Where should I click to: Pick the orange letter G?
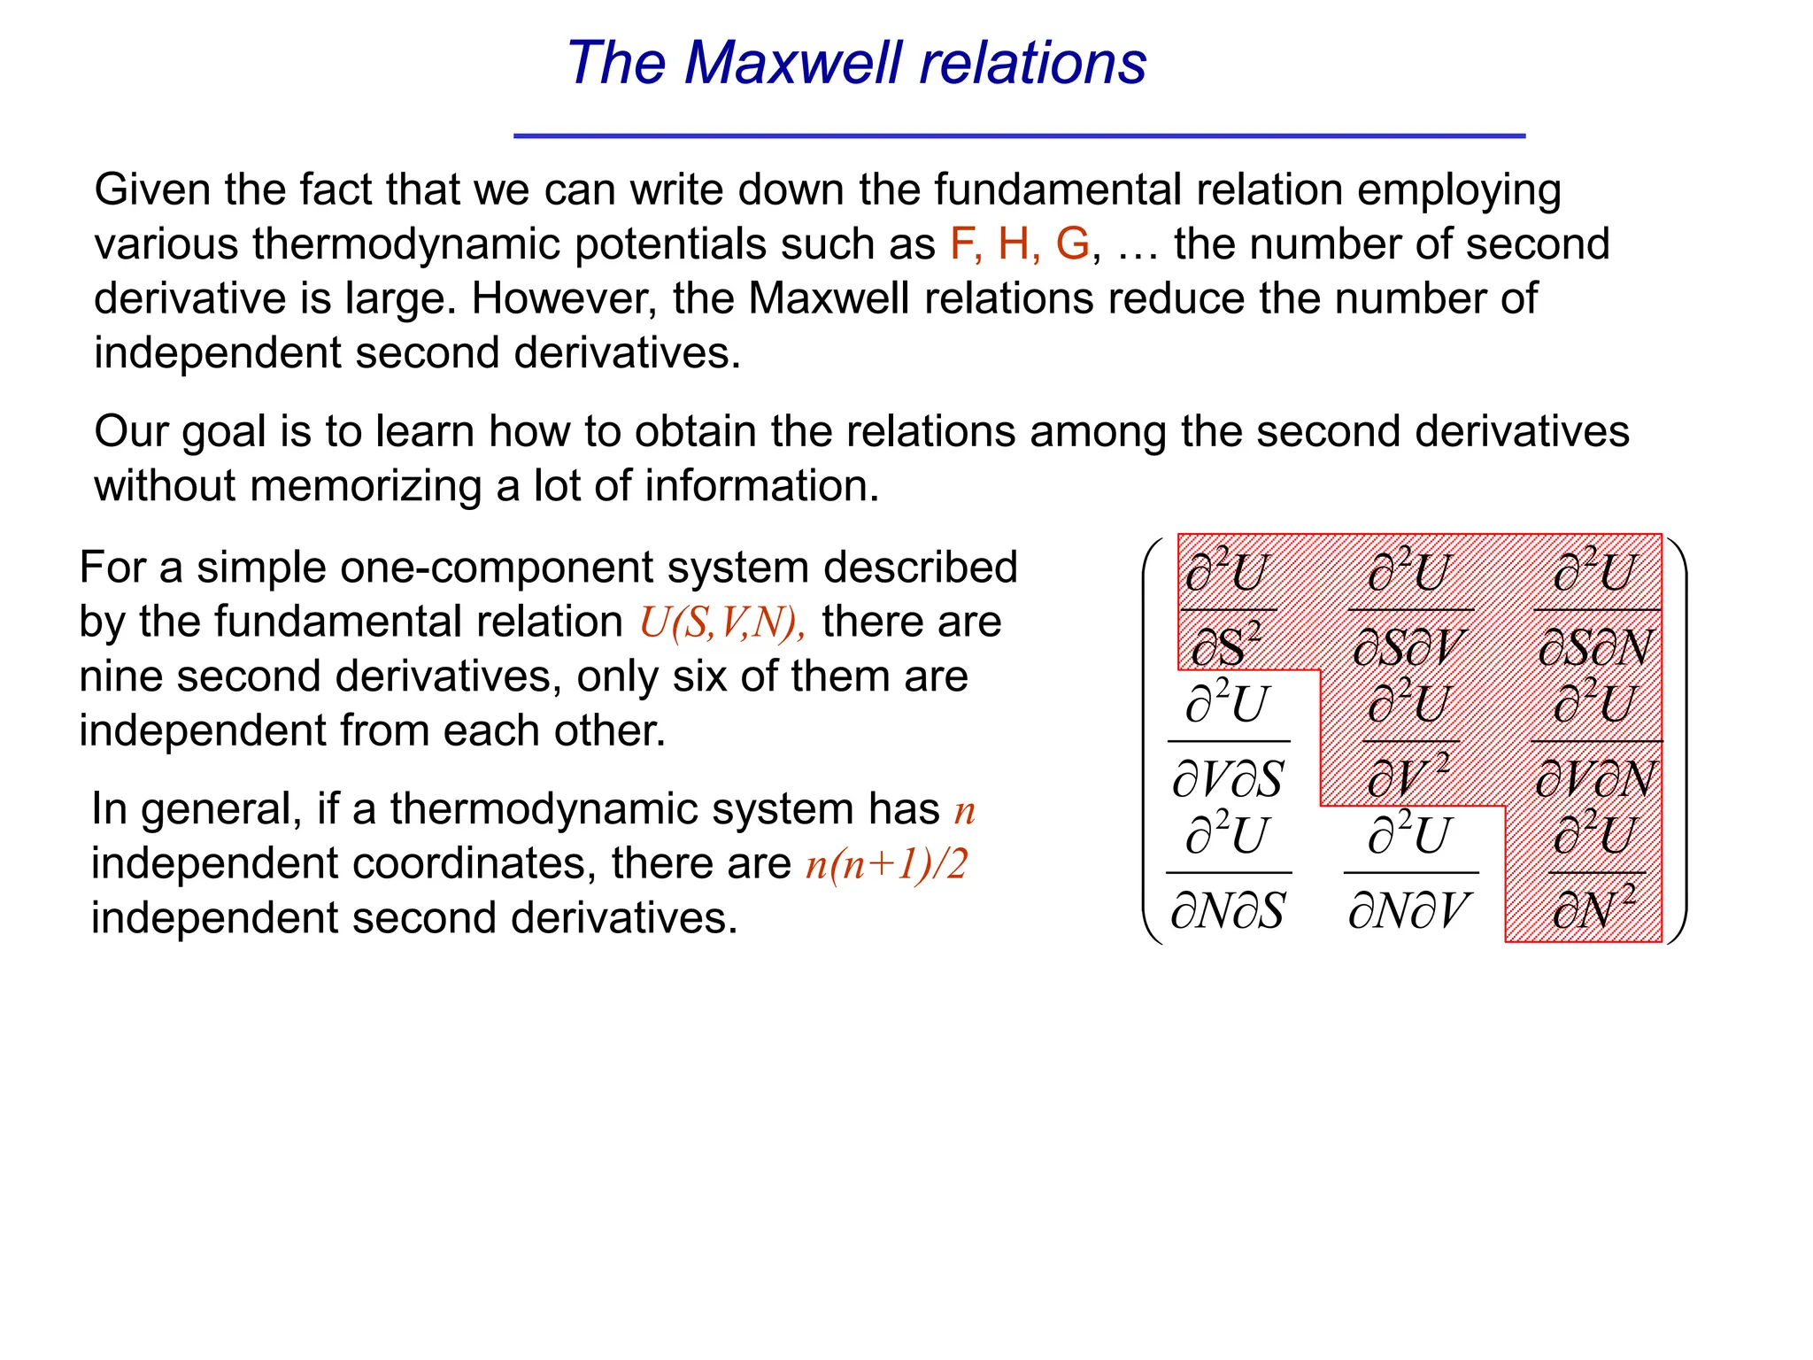pos(1072,243)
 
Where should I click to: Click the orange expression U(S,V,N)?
pos(721,622)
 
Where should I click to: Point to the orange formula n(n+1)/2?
pos(886,863)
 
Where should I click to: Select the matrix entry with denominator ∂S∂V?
pos(1410,609)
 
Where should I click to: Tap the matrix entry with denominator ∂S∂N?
pos(1595,609)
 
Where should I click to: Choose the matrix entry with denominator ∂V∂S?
pos(1228,740)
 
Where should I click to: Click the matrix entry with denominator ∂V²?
pos(1410,740)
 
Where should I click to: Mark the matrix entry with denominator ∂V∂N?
pos(1595,740)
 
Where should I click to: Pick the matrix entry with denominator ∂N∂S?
pos(1228,872)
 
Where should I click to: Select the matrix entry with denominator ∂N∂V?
pos(1410,872)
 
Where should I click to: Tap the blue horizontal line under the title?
pos(1019,136)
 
